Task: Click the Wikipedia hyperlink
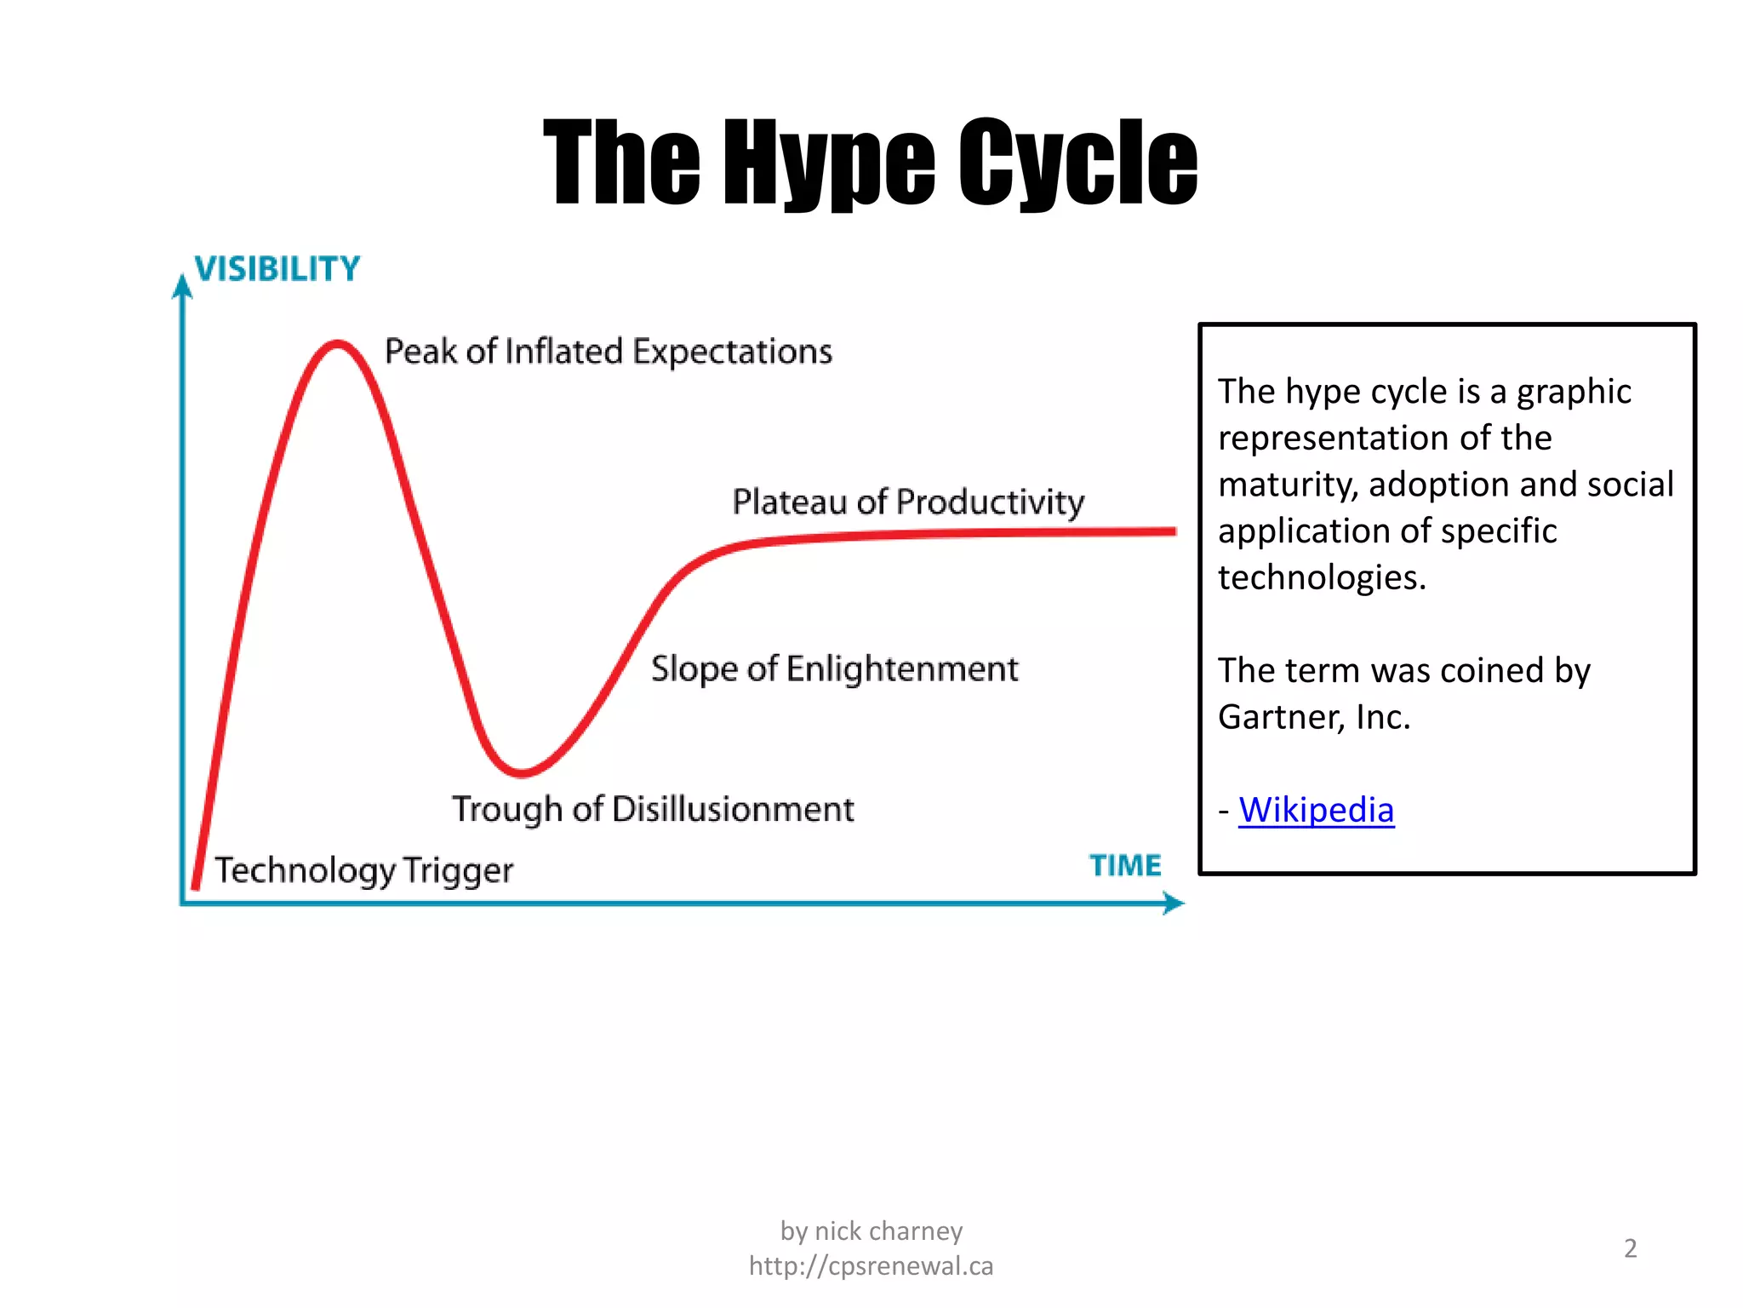tap(1316, 810)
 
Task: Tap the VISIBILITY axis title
tap(277, 269)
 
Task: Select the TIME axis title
tap(1125, 865)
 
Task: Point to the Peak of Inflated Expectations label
tap(608, 352)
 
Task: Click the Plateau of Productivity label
tap(908, 502)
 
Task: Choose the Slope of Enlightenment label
tap(834, 669)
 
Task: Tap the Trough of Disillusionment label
tap(653, 809)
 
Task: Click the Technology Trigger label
tap(363, 870)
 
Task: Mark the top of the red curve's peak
tap(338, 344)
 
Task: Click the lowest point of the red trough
tap(521, 773)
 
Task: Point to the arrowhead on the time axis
tap(1174, 903)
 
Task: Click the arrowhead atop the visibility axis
tap(182, 286)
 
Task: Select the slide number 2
tap(1630, 1248)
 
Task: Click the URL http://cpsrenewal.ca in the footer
tap(871, 1266)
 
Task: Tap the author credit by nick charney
tap(871, 1231)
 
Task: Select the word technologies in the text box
tap(1321, 577)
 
